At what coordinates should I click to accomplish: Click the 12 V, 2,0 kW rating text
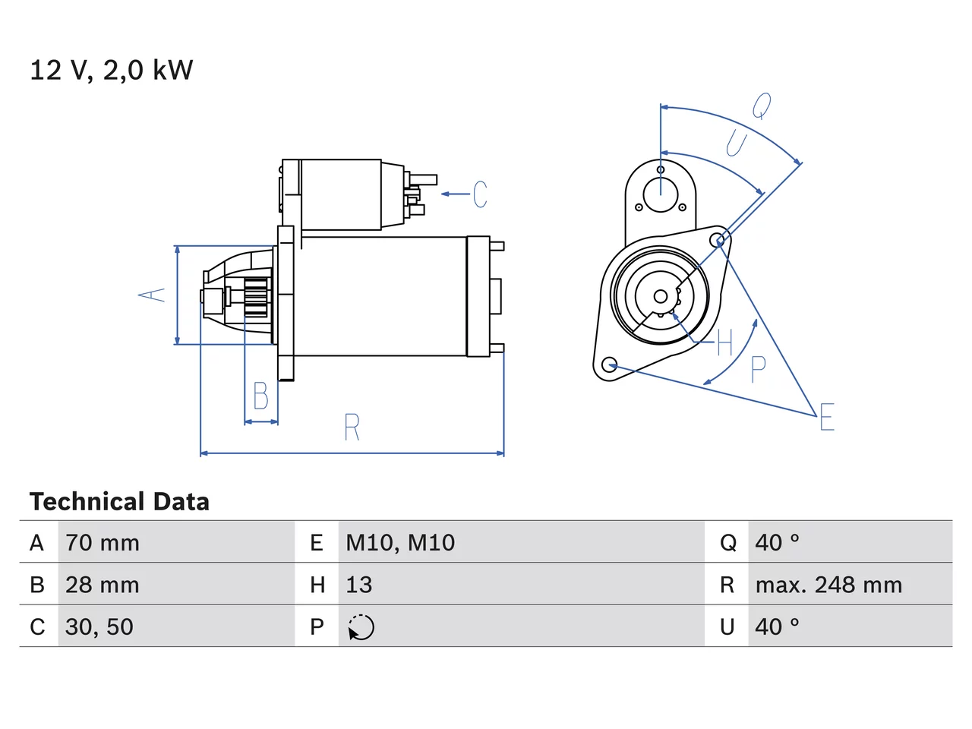tap(111, 71)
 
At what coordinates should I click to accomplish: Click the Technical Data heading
tap(119, 501)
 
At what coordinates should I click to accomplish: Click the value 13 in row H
tap(359, 585)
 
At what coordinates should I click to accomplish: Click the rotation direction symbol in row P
tap(361, 627)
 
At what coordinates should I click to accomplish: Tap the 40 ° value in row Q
tap(777, 543)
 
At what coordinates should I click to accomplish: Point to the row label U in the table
tap(727, 626)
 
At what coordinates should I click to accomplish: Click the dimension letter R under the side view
tap(352, 427)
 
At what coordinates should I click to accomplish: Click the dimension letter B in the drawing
tap(260, 396)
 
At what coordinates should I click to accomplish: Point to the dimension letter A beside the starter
tap(151, 295)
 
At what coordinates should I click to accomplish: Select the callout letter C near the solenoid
tap(480, 194)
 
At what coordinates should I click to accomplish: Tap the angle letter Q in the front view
tap(762, 106)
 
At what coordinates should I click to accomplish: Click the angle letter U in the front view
tap(737, 143)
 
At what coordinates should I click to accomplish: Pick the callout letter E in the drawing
tap(827, 416)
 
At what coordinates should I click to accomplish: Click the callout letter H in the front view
tap(724, 342)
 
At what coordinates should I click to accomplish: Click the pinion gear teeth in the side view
tap(257, 298)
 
